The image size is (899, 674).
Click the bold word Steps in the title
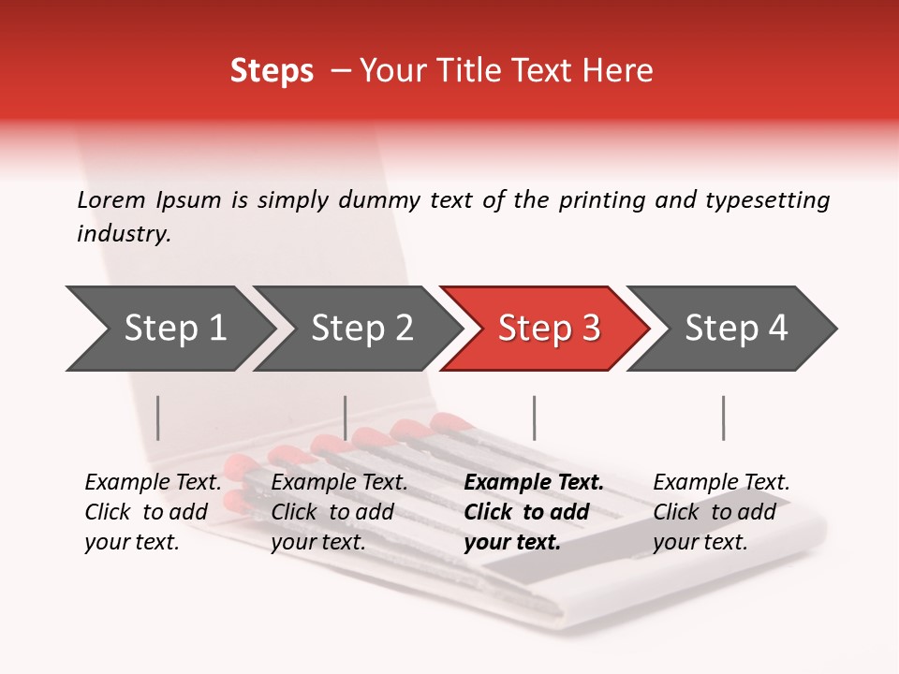pos(272,71)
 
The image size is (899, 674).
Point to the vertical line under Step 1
pos(158,418)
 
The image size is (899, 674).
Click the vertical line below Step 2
pos(346,418)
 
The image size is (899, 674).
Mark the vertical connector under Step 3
pos(534,418)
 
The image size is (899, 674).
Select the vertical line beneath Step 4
pos(723,418)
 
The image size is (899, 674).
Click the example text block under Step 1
pos(153,512)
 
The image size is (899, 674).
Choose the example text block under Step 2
pos(339,512)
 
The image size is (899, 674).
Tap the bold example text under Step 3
pos(533,512)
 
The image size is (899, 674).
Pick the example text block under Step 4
pos(721,512)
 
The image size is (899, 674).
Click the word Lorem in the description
pos(111,199)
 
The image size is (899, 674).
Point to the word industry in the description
pos(124,234)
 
